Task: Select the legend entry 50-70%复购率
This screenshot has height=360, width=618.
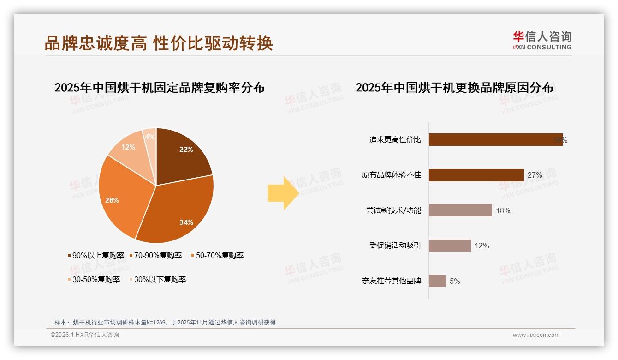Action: [217, 255]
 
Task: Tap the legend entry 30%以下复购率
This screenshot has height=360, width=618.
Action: [157, 279]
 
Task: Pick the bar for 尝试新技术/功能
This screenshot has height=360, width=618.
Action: [460, 210]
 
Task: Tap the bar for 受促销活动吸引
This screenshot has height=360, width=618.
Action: [449, 246]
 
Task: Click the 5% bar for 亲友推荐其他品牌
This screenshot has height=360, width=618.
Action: [437, 281]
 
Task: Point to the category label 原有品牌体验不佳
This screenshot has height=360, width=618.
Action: [391, 175]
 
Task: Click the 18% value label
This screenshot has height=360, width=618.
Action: [503, 210]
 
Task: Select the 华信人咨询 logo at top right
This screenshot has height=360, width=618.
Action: [542, 41]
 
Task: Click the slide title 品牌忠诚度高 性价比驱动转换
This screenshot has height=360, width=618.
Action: [159, 43]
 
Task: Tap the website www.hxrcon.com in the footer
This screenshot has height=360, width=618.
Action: [536, 335]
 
